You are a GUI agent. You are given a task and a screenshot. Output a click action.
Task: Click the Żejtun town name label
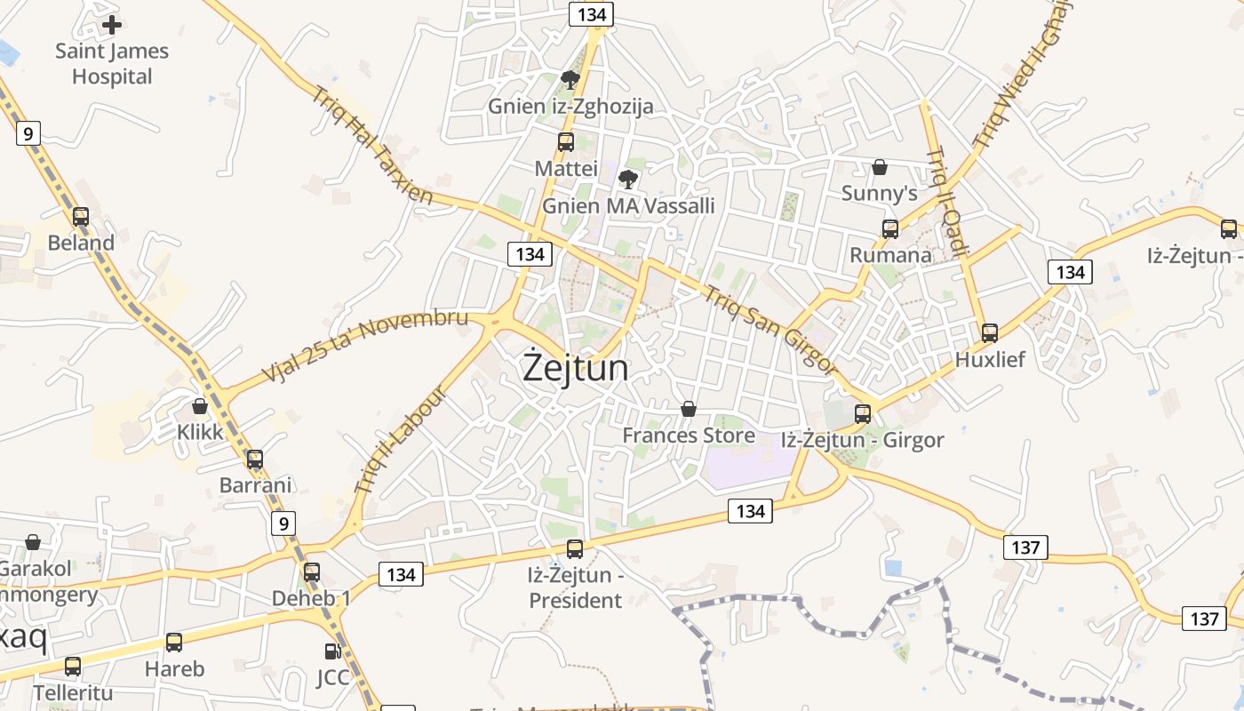coord(575,368)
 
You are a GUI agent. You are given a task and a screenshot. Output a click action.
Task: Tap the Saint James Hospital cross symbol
coord(112,25)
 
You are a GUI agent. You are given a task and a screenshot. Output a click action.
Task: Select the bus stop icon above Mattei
coord(565,142)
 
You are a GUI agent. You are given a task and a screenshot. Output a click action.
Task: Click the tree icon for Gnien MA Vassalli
coord(628,180)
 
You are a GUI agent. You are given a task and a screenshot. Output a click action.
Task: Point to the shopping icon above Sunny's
coord(879,167)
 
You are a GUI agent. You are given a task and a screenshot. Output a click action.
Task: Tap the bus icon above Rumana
coord(890,229)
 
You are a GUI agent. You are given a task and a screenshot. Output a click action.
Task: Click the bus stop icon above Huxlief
coord(990,333)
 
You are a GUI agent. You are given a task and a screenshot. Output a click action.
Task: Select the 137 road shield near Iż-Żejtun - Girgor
coord(1025,547)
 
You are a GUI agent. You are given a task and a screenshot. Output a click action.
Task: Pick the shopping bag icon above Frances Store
coord(688,410)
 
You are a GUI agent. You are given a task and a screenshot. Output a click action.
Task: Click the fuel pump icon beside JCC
coord(332,651)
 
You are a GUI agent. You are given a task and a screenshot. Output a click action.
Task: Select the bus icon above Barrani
coord(255,459)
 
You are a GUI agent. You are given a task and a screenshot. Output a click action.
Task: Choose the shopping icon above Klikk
coord(200,406)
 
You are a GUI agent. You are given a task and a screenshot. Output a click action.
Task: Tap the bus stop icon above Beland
coord(81,217)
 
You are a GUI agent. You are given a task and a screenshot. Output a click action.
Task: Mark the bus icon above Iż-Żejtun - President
coord(575,549)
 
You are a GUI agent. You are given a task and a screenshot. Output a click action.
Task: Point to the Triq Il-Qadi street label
coord(947,203)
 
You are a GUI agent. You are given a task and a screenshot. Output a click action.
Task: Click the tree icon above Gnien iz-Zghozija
coord(570,81)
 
